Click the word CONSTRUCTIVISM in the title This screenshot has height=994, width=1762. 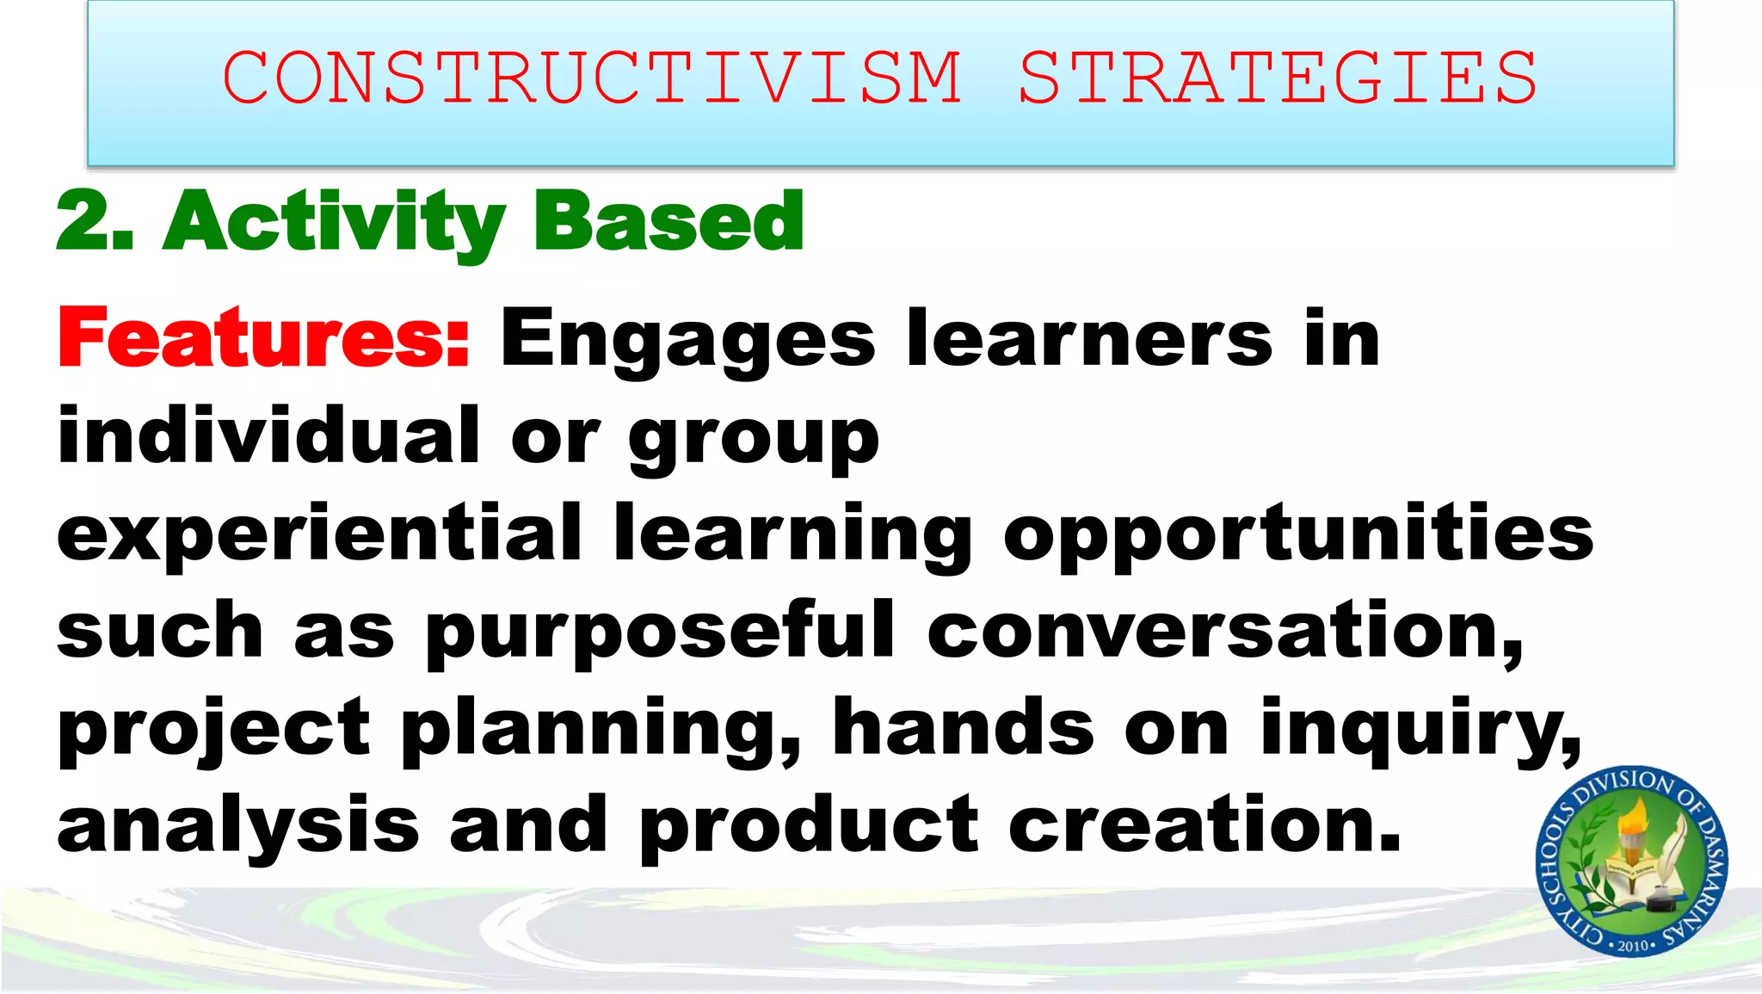click(x=592, y=77)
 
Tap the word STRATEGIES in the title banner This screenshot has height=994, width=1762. click(x=1278, y=77)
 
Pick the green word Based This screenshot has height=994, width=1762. click(x=669, y=222)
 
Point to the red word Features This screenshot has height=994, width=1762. click(x=263, y=338)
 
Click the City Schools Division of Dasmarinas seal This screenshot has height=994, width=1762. click(x=1631, y=861)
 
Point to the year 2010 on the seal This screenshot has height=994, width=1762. click(x=1632, y=945)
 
